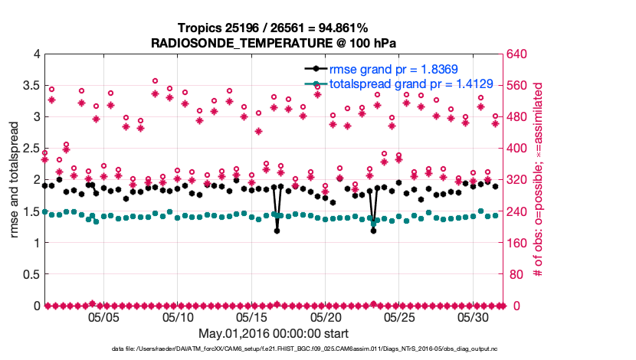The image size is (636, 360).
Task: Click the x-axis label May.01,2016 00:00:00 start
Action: coord(274,333)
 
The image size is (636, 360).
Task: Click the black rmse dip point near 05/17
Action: coord(277,231)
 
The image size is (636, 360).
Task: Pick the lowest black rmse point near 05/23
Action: coord(373,231)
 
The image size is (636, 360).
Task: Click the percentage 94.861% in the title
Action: coord(340,28)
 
